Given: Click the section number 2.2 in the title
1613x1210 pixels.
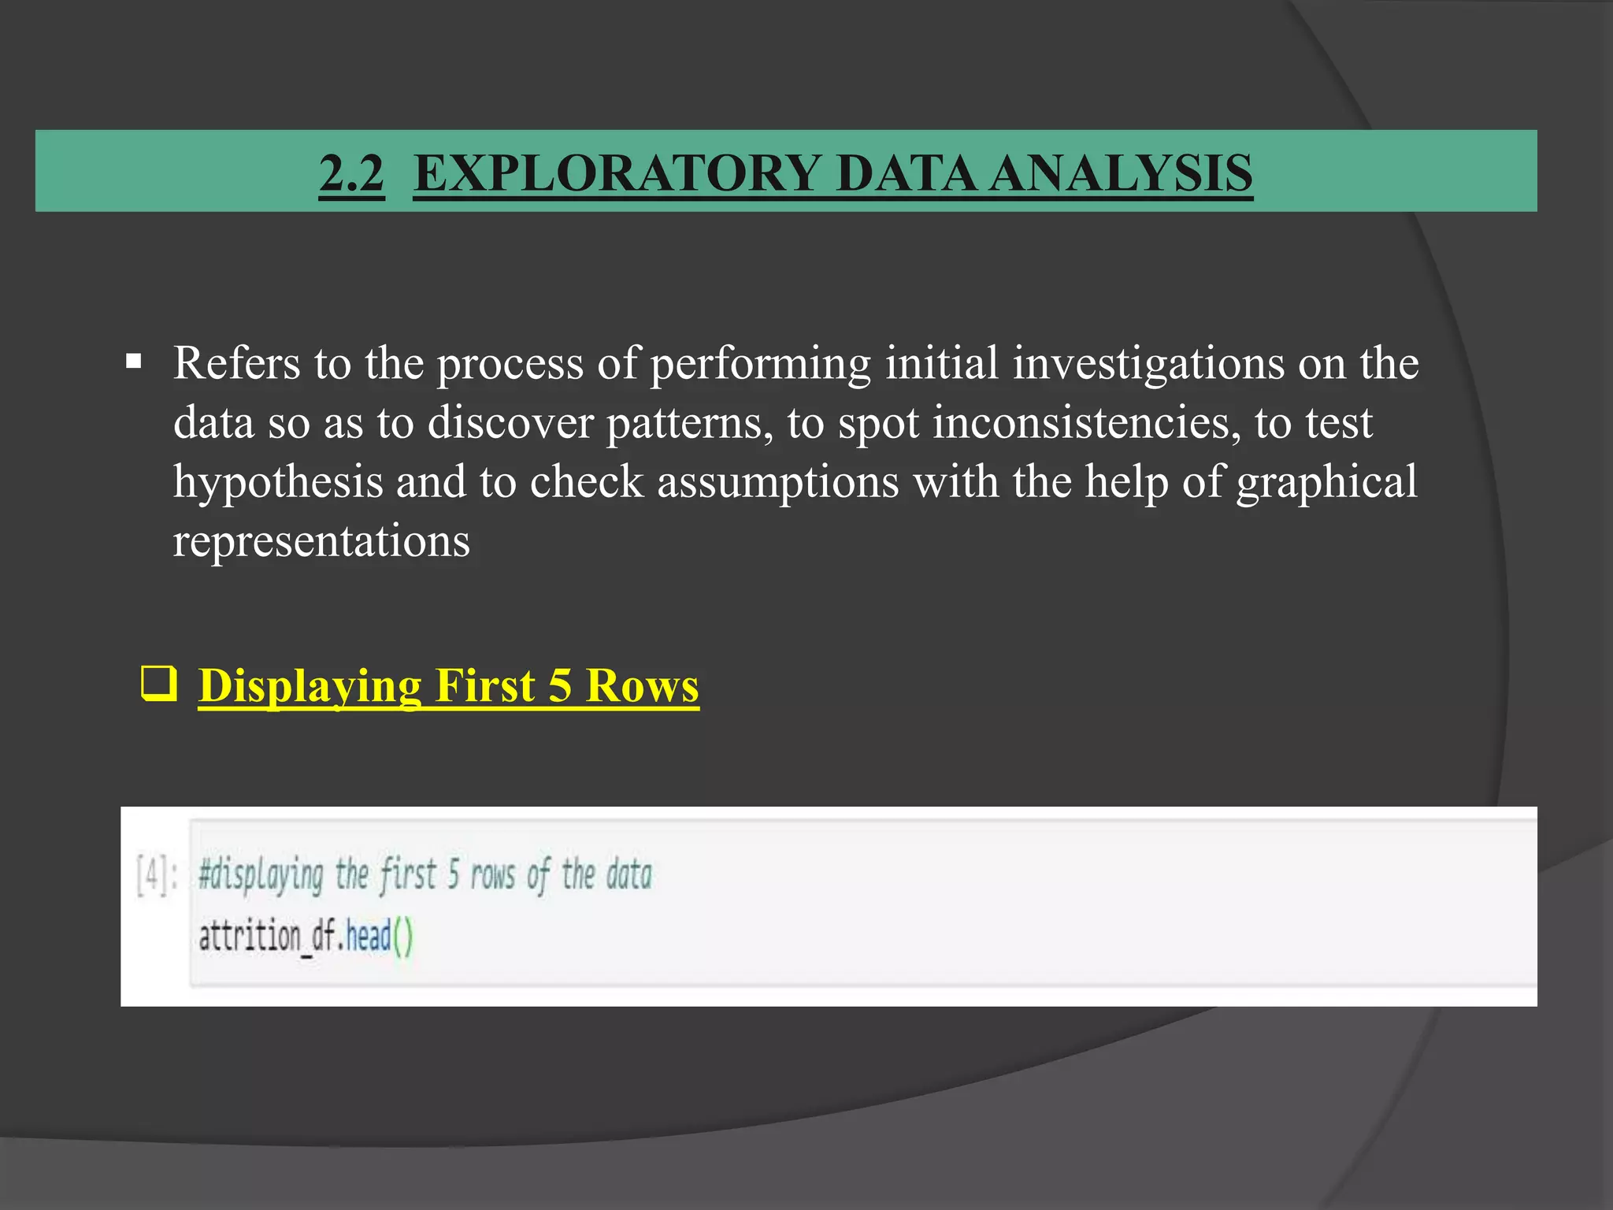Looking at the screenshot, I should point(351,173).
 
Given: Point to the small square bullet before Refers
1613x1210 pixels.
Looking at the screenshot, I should point(133,363).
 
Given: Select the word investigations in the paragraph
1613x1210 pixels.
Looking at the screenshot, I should point(1148,363).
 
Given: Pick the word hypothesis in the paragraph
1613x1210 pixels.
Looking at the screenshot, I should point(277,482).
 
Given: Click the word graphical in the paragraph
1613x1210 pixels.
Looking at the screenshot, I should point(1326,482).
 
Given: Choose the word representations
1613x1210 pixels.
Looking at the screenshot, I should point(321,541).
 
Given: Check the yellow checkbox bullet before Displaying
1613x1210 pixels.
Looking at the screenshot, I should point(158,684).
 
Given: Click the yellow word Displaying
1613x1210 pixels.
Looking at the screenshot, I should point(309,685).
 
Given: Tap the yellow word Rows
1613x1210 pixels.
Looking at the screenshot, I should point(642,685).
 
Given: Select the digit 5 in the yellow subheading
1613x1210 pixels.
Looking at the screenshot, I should point(559,685).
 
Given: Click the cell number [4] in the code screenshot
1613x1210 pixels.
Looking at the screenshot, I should point(152,875).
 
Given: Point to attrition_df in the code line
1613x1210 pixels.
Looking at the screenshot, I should point(266,937).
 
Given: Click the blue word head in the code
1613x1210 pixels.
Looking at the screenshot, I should point(369,937).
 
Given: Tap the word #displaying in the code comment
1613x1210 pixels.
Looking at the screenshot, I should point(261,875).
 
